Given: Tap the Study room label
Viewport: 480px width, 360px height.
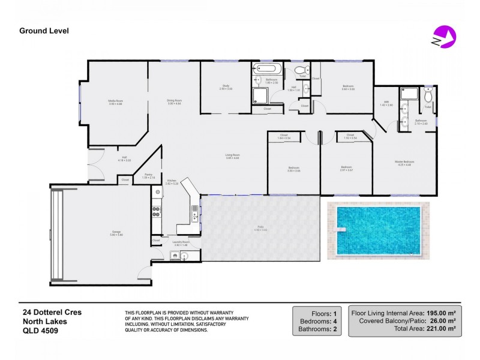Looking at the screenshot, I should pyautogui.click(x=226, y=87).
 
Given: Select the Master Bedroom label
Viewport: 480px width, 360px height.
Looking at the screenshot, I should pyautogui.click(x=405, y=162).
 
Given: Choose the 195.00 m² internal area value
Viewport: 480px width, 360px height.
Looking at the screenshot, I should pyautogui.click(x=440, y=313).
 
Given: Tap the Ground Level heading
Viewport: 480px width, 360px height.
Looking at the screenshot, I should pyautogui.click(x=44, y=30).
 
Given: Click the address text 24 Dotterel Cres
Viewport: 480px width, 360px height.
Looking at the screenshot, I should pyautogui.click(x=52, y=313).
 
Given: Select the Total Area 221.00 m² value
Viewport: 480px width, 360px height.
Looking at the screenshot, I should pyautogui.click(x=440, y=329).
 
